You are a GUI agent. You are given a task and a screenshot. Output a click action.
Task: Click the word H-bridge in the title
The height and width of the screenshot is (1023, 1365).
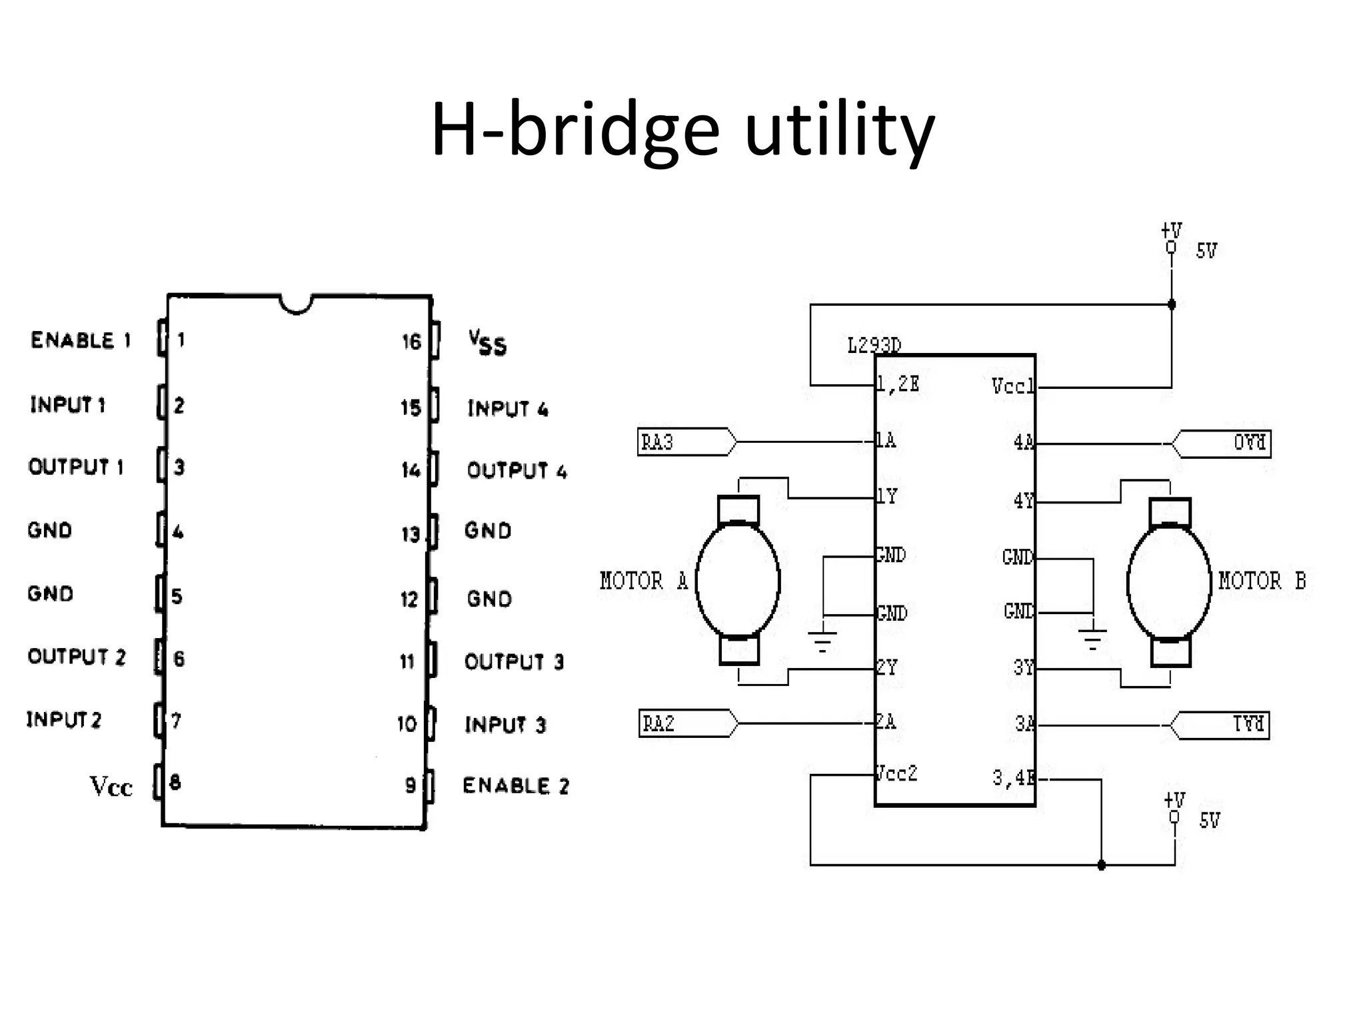coord(575,130)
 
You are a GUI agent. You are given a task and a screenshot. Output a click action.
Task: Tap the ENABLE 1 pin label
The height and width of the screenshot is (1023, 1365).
coord(81,340)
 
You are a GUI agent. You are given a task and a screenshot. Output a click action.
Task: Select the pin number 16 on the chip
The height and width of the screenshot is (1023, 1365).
coord(411,342)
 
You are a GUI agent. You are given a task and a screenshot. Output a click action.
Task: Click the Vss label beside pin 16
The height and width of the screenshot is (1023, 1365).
coord(487,343)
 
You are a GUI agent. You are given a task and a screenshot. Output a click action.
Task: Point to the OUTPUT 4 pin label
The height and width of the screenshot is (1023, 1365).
coord(517,471)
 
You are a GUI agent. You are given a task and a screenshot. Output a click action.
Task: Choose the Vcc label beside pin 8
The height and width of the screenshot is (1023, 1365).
coord(111,787)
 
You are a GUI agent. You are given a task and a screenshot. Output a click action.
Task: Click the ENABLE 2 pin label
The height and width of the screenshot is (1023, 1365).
coord(516,786)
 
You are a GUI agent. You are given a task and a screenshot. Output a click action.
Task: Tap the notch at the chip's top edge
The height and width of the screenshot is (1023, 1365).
coord(296,305)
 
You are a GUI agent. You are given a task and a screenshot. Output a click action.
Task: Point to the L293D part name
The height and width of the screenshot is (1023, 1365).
coord(874,346)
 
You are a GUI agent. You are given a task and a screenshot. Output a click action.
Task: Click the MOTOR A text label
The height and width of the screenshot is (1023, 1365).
coord(643,581)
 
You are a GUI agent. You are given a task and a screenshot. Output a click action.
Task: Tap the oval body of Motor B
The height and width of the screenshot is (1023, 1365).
coord(1168,583)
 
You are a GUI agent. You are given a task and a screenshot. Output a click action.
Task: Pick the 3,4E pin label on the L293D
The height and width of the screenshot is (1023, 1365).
coord(1013,778)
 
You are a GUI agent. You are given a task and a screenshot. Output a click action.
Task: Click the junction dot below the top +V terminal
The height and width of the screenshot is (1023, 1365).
coord(1172,304)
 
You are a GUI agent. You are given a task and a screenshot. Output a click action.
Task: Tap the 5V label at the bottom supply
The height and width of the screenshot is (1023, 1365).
coord(1209,821)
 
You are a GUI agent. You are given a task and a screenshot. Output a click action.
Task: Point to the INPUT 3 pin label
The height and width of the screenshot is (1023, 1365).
coord(505,725)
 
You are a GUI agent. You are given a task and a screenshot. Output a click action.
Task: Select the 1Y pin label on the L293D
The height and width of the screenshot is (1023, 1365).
coord(887,496)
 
